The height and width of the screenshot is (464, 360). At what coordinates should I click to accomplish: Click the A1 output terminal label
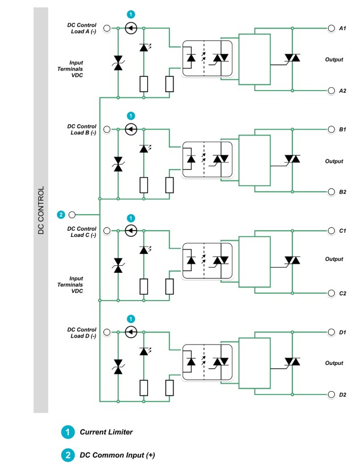tap(343, 28)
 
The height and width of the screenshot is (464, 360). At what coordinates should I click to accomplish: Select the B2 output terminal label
tap(343, 192)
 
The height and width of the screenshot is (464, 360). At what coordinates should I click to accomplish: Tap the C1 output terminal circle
tap(330, 231)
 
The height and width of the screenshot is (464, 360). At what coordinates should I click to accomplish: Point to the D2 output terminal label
tap(343, 395)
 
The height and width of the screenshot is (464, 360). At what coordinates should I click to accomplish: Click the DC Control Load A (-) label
tap(81, 28)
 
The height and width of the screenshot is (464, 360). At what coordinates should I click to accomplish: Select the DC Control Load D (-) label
tap(81, 333)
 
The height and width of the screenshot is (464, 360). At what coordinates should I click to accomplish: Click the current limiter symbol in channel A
tap(130, 27)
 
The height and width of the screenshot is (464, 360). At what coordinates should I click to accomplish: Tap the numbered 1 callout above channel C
tap(130, 217)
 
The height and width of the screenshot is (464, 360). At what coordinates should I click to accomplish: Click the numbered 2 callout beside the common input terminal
tap(61, 215)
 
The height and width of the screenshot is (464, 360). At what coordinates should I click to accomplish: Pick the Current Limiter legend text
tap(106, 432)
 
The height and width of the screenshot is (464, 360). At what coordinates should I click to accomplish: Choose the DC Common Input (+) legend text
tap(117, 455)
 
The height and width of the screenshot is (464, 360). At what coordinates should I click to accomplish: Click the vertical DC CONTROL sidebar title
tap(40, 211)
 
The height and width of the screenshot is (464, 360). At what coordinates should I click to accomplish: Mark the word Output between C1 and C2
tap(334, 259)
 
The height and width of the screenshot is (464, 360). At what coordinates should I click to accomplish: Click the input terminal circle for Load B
tap(106, 129)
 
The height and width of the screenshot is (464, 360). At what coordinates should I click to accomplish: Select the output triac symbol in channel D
tap(292, 362)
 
